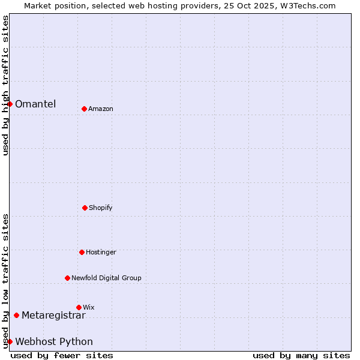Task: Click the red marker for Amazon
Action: pos(84,109)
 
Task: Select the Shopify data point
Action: pos(85,208)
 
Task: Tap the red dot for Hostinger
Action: pos(82,252)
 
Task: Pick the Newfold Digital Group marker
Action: pos(67,278)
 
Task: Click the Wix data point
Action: pos(79,307)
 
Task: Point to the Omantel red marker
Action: pos(10,104)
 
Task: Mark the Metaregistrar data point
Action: pos(16,315)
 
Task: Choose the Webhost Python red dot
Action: pos(10,341)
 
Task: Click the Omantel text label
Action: pos(35,104)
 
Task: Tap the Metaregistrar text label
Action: pos(53,315)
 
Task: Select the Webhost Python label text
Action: pos(54,341)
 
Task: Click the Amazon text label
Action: pos(101,109)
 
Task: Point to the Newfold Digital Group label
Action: pos(106,278)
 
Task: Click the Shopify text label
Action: pos(101,208)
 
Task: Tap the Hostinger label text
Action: pos(101,252)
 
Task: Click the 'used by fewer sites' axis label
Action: pos(62,355)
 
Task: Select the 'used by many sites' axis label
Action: pos(301,355)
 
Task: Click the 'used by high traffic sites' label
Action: pos(5,85)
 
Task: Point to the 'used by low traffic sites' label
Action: pos(5,281)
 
